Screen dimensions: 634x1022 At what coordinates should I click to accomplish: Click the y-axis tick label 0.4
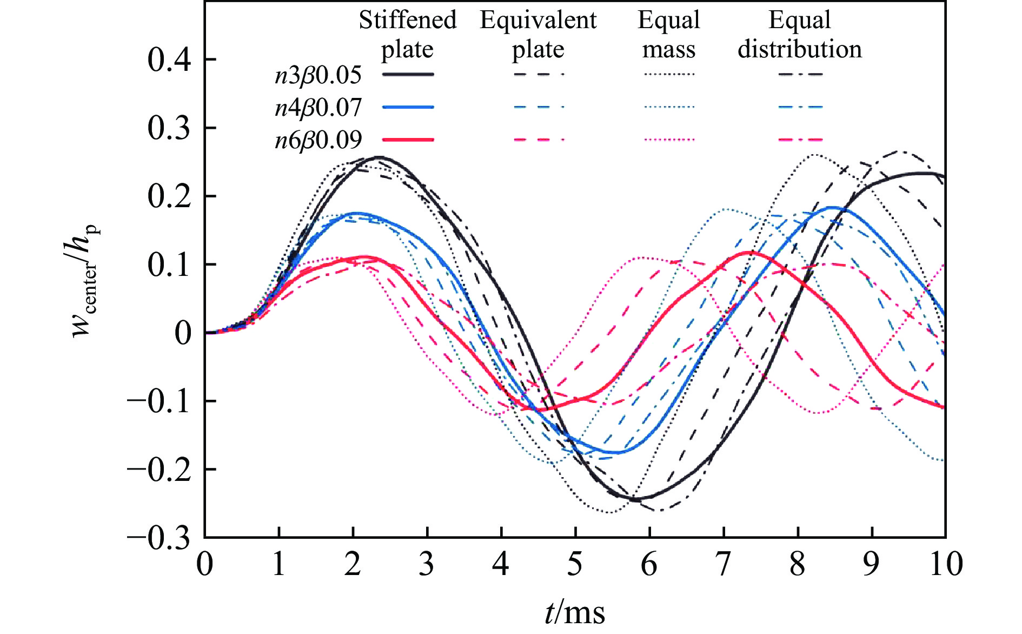(x=169, y=60)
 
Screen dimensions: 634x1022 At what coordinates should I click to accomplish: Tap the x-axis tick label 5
(x=575, y=564)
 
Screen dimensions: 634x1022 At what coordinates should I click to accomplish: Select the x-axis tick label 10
(x=946, y=564)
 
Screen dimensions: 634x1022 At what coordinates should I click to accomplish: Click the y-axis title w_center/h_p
(x=85, y=281)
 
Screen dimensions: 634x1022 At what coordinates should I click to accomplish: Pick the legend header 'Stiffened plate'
(x=408, y=35)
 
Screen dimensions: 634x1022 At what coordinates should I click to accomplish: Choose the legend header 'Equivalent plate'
(x=538, y=35)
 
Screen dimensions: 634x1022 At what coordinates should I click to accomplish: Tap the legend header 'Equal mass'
(x=669, y=35)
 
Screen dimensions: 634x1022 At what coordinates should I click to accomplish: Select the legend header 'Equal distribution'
(x=800, y=35)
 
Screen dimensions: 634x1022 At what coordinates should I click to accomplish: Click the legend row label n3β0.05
(x=318, y=75)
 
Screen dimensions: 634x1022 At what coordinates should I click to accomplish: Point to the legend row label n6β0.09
(x=318, y=140)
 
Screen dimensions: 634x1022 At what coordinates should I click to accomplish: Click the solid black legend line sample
(x=408, y=74)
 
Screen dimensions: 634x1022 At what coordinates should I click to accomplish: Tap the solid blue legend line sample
(x=408, y=107)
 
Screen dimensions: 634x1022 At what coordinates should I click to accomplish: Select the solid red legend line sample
(x=408, y=140)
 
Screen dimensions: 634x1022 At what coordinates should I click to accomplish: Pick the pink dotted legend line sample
(x=669, y=140)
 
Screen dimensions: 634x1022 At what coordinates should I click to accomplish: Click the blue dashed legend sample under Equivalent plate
(x=539, y=107)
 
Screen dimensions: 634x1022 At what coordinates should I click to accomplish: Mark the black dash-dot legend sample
(x=800, y=74)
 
